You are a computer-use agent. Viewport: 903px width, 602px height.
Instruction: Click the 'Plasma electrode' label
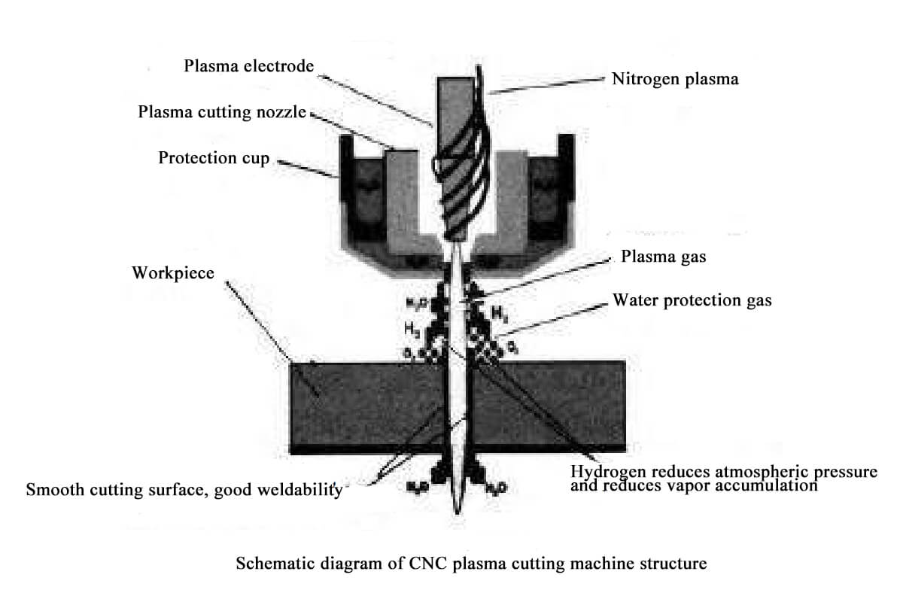248,66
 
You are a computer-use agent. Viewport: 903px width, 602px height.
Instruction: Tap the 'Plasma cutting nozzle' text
222,113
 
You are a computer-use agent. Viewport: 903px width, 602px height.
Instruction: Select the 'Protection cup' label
214,159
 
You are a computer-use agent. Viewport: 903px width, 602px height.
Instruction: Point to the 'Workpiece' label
173,272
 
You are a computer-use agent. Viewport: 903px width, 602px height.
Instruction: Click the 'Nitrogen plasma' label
676,78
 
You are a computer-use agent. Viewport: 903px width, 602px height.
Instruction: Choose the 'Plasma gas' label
664,257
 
